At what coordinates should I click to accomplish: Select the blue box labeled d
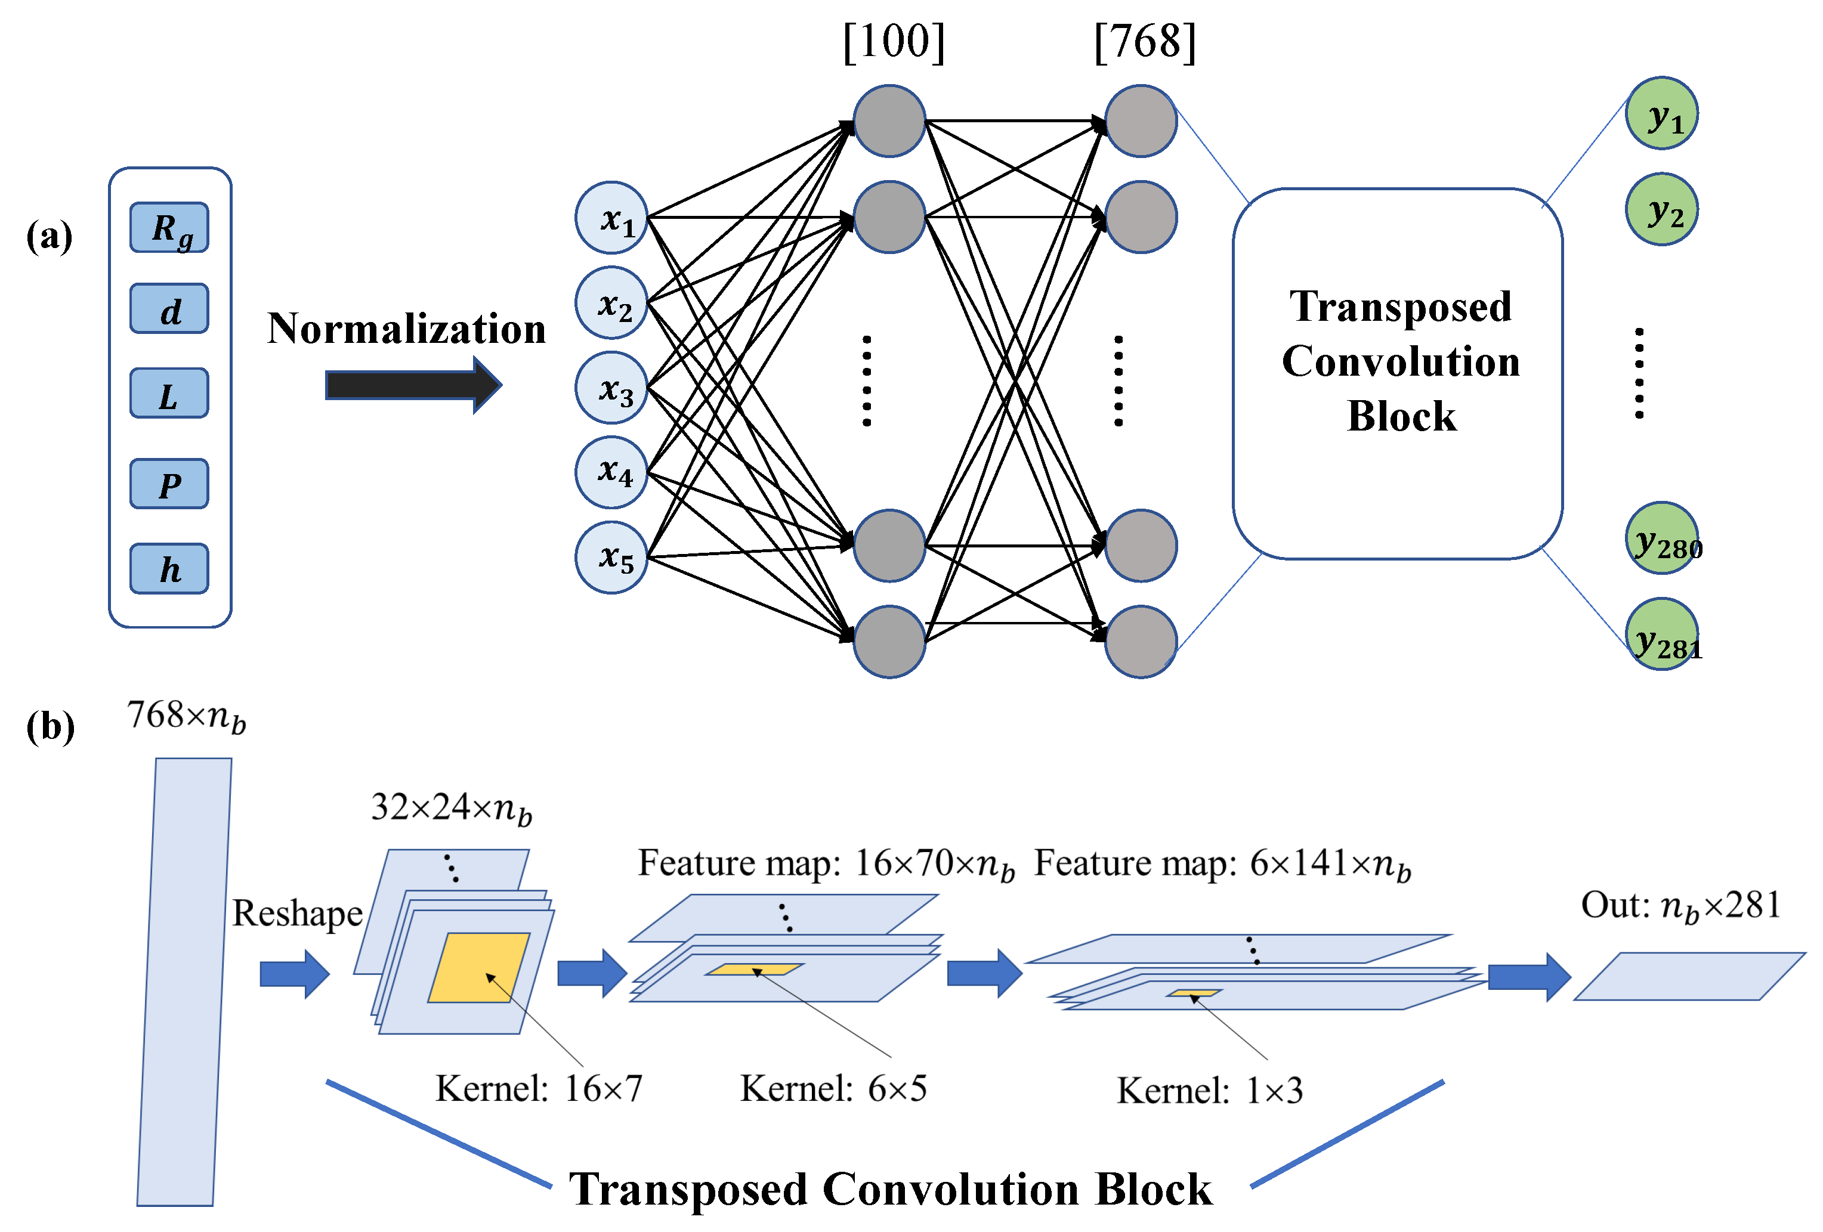pos(169,309)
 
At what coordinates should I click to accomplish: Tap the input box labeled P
pos(169,484)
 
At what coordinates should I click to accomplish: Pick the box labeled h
pos(169,568)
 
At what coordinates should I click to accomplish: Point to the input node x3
pos(611,388)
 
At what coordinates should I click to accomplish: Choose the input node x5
pos(611,557)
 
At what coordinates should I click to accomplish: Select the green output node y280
pos(1661,538)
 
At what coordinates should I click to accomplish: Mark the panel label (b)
pos(50,726)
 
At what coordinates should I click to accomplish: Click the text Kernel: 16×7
pos(539,1088)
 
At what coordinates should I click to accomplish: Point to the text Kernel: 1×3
pos(1210,1091)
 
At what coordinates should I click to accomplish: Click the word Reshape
pos(297,914)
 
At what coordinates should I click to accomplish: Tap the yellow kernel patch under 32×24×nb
pos(478,967)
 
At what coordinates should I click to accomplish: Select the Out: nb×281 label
pos(1680,906)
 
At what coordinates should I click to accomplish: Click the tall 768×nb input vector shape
pos(184,980)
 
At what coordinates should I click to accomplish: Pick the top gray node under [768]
pos(1140,122)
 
